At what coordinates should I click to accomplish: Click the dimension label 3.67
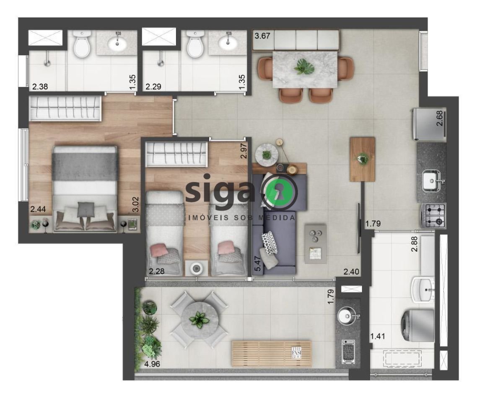pos(262,36)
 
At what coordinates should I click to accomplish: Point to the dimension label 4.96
pos(152,364)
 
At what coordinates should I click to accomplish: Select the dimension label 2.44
pos(38,209)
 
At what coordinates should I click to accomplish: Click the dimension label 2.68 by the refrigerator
pos(440,119)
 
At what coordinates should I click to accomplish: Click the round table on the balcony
pos(199,320)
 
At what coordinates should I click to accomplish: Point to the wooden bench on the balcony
pos(272,354)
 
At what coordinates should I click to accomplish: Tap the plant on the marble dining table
pos(304,67)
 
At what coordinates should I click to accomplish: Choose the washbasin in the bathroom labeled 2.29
pos(228,42)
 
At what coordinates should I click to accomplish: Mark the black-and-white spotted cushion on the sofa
pos(270,243)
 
